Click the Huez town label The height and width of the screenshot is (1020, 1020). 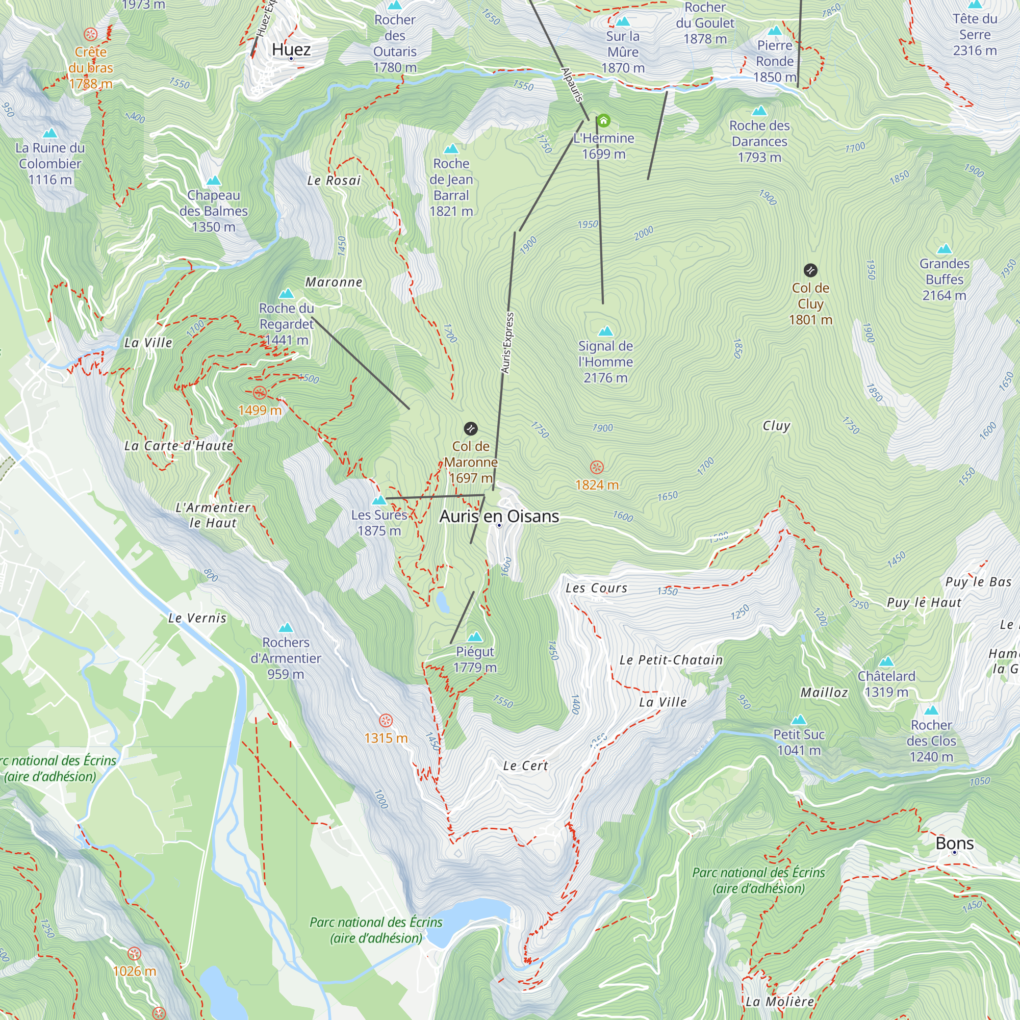coord(291,49)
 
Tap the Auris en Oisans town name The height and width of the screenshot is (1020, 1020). coord(499,516)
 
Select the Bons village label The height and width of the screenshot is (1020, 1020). coord(954,843)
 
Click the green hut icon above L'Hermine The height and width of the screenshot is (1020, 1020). coord(603,120)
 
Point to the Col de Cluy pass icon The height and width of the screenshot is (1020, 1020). coord(810,271)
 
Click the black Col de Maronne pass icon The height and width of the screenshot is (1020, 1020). coord(470,429)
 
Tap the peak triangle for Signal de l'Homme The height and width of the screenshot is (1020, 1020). coord(605,331)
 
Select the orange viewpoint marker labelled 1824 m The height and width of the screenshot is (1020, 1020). coord(597,467)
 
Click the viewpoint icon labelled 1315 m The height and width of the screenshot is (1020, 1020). coord(386,721)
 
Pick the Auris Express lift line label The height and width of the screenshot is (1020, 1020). coord(507,343)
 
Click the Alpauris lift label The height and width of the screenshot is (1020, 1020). coord(572,85)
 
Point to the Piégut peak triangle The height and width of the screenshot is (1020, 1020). coord(475,636)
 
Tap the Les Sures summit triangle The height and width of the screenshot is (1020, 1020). coord(379,500)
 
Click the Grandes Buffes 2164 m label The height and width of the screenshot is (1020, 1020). coord(944,279)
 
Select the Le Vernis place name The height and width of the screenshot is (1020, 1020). coord(197,618)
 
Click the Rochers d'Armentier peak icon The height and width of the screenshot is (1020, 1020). coord(286,628)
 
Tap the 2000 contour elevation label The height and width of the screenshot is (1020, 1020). coord(644,233)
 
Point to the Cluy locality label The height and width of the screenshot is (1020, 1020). coord(776,425)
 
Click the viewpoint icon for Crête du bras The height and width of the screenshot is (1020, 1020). coord(91,35)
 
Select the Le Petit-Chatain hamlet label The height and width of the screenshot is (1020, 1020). coord(671,660)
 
